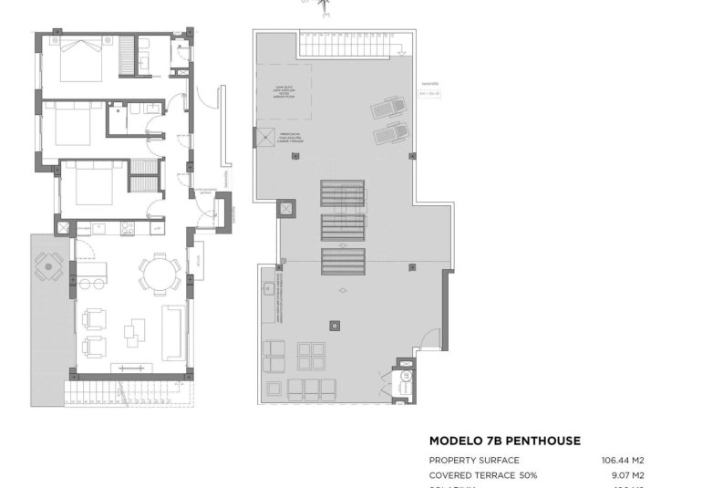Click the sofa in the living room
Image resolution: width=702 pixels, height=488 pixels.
click(173, 331)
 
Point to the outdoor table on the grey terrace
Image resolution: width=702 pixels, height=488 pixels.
click(48, 267)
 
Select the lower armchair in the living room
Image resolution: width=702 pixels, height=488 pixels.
click(94, 347)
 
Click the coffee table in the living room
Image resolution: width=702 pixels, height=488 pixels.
click(135, 331)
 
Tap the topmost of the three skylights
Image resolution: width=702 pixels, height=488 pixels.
click(342, 193)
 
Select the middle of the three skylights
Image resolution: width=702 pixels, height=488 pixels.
click(342, 227)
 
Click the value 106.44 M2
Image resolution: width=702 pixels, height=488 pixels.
click(623, 461)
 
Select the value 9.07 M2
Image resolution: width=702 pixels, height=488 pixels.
click(627, 475)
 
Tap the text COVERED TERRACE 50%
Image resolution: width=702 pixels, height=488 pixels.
click(483, 475)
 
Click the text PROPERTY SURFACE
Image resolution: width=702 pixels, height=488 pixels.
click(474, 461)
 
